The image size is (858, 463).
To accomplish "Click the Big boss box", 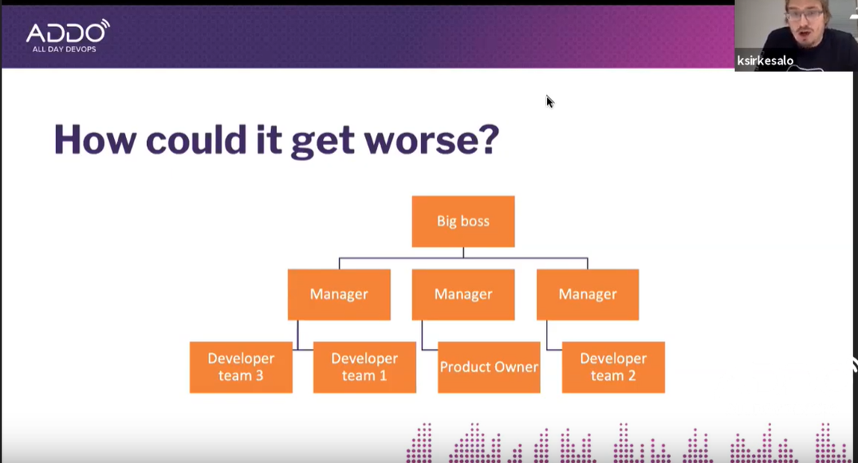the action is pyautogui.click(x=463, y=222).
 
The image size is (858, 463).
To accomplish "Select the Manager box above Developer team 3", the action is pyautogui.click(x=339, y=294).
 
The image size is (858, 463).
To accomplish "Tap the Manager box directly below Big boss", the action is pyautogui.click(x=463, y=294).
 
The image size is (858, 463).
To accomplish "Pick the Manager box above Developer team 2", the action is pyautogui.click(x=587, y=294).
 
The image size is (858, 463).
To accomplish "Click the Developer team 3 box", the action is pyautogui.click(x=241, y=367).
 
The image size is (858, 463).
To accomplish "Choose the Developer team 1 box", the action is pyautogui.click(x=364, y=367).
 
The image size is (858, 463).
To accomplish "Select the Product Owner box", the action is pyautogui.click(x=489, y=367).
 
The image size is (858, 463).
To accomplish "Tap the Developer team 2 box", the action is pyautogui.click(x=613, y=367).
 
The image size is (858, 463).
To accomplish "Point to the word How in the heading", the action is pyautogui.click(x=95, y=139).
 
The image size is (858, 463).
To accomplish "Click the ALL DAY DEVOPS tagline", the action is pyautogui.click(x=64, y=49).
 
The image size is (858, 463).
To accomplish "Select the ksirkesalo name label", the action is pyautogui.click(x=765, y=61).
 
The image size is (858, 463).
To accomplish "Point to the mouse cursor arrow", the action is pyautogui.click(x=549, y=102).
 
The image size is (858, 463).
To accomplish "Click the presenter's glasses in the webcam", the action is pyautogui.click(x=805, y=15).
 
